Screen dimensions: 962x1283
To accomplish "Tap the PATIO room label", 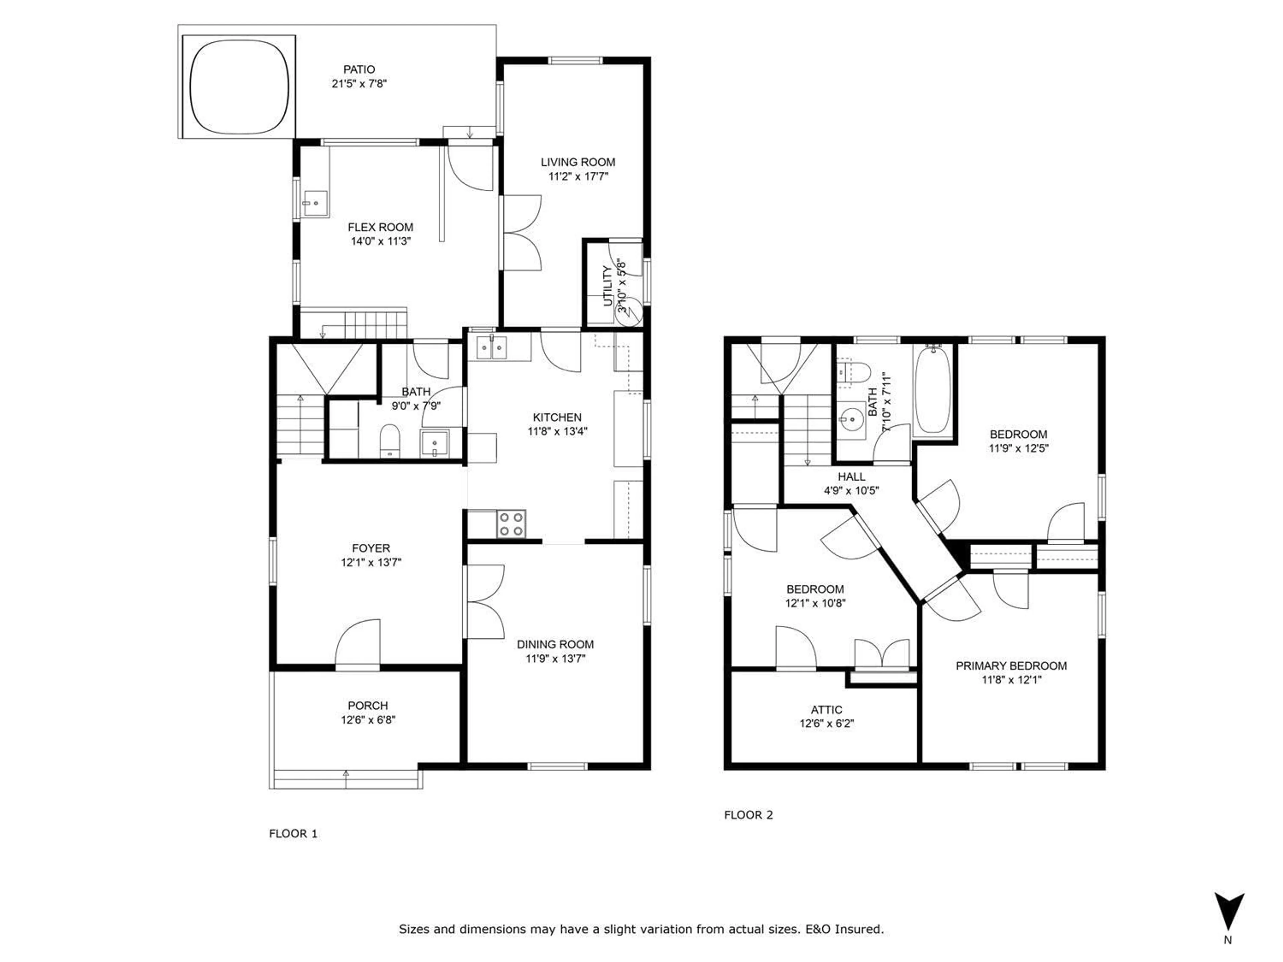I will click(359, 69).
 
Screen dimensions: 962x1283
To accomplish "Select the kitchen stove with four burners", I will click(511, 524).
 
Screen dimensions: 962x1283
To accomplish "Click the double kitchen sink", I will click(491, 348).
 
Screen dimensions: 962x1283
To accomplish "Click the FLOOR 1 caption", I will click(293, 834).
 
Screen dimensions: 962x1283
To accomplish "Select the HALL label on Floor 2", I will click(851, 477).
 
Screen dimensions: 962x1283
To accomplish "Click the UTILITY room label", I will click(608, 286).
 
